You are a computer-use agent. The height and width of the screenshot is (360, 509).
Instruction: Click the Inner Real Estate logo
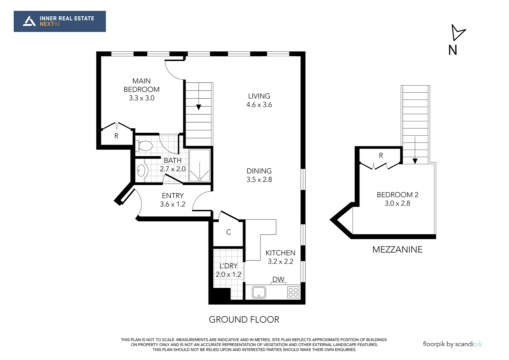click(60, 21)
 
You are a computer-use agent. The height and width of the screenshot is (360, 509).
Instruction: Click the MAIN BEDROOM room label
click(142, 85)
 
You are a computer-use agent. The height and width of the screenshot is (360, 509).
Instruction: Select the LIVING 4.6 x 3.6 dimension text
click(259, 105)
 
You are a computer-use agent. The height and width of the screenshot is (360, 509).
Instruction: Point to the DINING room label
click(259, 171)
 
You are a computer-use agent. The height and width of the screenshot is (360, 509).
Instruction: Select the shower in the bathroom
click(200, 166)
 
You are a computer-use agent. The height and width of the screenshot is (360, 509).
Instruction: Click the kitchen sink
click(259, 292)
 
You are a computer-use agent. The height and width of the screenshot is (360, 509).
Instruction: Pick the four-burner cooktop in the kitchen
click(293, 292)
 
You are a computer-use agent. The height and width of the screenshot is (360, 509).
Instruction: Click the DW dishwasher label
click(278, 279)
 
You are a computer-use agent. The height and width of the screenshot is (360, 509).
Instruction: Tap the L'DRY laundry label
click(229, 266)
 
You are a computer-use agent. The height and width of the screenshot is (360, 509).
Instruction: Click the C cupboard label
click(229, 232)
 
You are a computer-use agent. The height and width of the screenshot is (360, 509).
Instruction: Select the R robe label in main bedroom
click(116, 136)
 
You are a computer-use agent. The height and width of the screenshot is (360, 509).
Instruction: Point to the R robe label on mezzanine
click(381, 156)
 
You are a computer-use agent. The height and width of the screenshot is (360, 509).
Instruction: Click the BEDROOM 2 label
click(397, 195)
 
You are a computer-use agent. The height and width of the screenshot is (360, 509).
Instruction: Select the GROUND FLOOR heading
click(244, 319)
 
